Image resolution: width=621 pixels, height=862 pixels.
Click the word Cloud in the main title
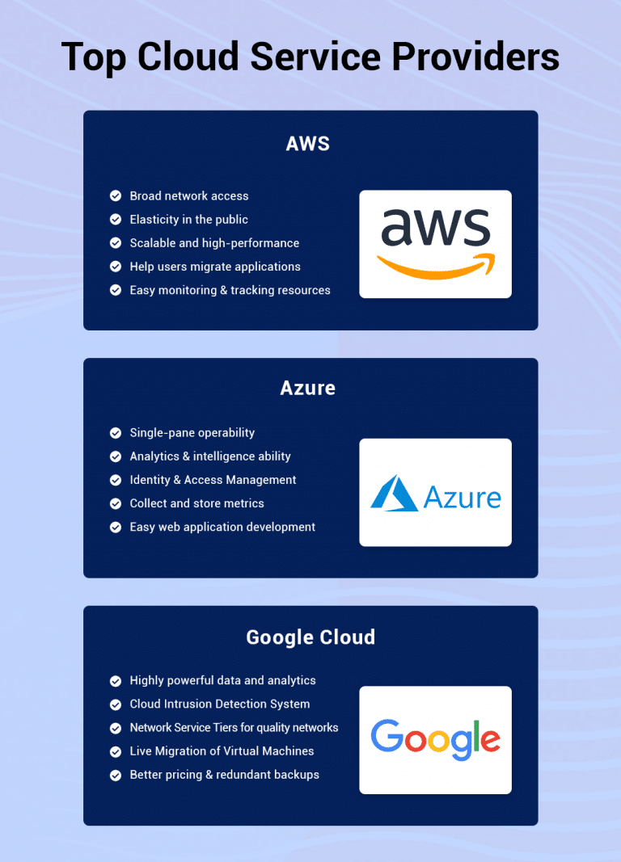click(188, 56)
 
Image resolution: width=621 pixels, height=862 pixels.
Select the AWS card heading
click(308, 144)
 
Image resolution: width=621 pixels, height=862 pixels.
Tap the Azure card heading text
click(308, 388)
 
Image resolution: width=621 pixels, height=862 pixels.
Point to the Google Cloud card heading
click(310, 637)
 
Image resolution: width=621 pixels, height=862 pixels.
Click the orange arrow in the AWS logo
click(436, 266)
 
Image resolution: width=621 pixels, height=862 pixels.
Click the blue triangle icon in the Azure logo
click(394, 493)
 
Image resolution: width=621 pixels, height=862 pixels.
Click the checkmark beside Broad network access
click(116, 196)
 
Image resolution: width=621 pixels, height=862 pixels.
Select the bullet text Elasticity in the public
click(188, 220)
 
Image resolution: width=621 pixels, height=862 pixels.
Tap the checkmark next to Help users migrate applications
click(116, 267)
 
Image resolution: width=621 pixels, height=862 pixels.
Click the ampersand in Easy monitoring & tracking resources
click(223, 290)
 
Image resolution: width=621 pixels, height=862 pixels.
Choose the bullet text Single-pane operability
click(192, 433)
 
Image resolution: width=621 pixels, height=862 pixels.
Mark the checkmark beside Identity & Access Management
click(116, 480)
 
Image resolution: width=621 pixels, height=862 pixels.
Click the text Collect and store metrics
click(197, 503)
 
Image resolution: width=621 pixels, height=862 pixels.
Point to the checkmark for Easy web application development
click(116, 528)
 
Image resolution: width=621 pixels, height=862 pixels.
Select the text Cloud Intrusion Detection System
click(220, 704)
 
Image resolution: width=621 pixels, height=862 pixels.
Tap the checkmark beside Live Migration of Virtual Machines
click(116, 751)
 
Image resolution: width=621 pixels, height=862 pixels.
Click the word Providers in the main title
click(475, 56)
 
